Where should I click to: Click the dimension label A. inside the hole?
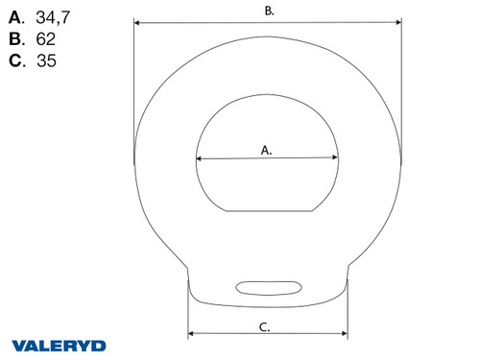267,150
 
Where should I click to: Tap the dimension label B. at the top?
270,11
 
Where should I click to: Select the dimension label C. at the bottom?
265,327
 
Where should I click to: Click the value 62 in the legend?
46,40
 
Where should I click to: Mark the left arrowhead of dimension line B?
135,20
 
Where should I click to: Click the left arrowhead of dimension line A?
198,158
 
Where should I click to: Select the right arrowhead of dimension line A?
336,160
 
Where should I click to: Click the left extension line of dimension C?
188,317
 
